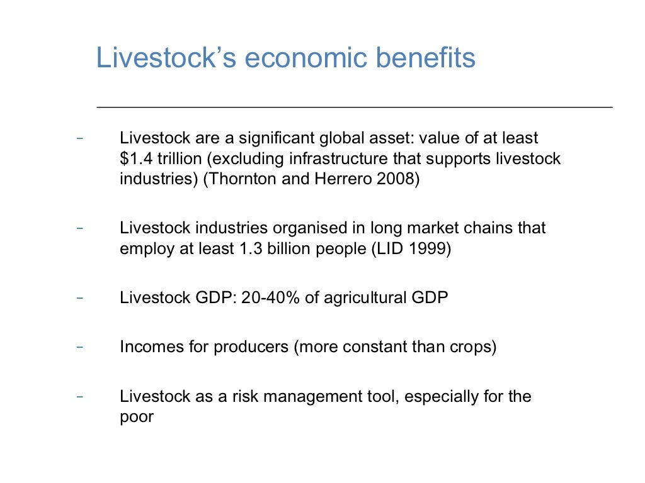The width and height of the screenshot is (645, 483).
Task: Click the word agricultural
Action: pyautogui.click(x=367, y=297)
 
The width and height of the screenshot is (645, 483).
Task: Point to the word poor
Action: pyautogui.click(x=137, y=417)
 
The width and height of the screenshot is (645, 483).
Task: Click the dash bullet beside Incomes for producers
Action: pyautogui.click(x=79, y=347)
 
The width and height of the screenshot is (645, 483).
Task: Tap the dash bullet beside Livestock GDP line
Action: pyautogui.click(x=79, y=297)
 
